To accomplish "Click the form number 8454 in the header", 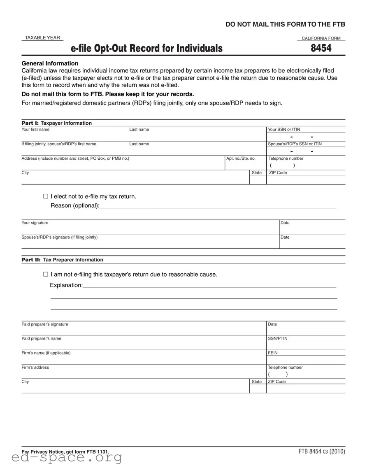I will [x=321, y=49].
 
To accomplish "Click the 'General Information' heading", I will [x=50, y=63].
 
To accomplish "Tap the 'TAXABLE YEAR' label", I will [x=42, y=38].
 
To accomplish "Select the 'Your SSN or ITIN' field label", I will [x=284, y=130].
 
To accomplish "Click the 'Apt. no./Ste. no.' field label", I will [x=241, y=158].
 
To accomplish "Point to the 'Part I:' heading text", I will [x=30, y=123].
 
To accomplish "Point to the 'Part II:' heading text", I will [x=31, y=260].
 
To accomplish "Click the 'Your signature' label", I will [x=35, y=223].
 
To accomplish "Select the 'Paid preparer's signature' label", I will [x=45, y=324].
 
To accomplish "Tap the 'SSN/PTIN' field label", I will [x=278, y=338].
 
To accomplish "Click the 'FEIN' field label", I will [x=273, y=353].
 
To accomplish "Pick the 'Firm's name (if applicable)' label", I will [x=46, y=353].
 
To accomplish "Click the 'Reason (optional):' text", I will [x=75, y=205].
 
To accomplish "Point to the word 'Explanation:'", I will [x=66, y=285].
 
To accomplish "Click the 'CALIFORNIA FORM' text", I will [x=321, y=38].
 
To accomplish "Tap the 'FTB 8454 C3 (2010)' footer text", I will [x=322, y=452].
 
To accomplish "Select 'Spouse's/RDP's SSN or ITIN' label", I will [x=295, y=144].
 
